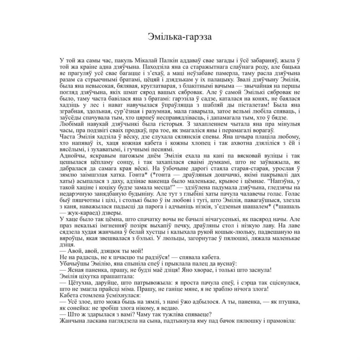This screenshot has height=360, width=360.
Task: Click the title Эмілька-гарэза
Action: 180,37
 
